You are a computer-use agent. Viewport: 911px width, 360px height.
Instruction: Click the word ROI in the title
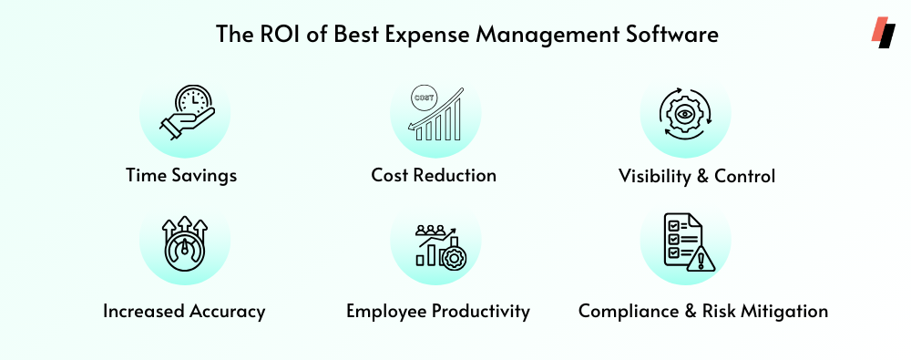coord(271,34)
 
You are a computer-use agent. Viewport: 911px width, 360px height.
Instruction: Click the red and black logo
coord(883,33)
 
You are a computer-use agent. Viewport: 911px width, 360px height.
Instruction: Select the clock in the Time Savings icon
coord(193,101)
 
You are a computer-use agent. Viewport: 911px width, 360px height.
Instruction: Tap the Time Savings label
coord(181,176)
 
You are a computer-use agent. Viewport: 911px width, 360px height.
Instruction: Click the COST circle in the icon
coord(423,98)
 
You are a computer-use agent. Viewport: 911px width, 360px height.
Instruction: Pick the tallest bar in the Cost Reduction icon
coord(456,119)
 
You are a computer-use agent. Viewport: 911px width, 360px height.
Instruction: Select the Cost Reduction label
coord(434,176)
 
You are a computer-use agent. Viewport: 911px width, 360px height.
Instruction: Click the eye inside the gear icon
coord(685,115)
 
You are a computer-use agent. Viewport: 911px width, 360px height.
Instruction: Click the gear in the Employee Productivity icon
coord(452,258)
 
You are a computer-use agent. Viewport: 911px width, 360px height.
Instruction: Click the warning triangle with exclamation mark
coord(700,259)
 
